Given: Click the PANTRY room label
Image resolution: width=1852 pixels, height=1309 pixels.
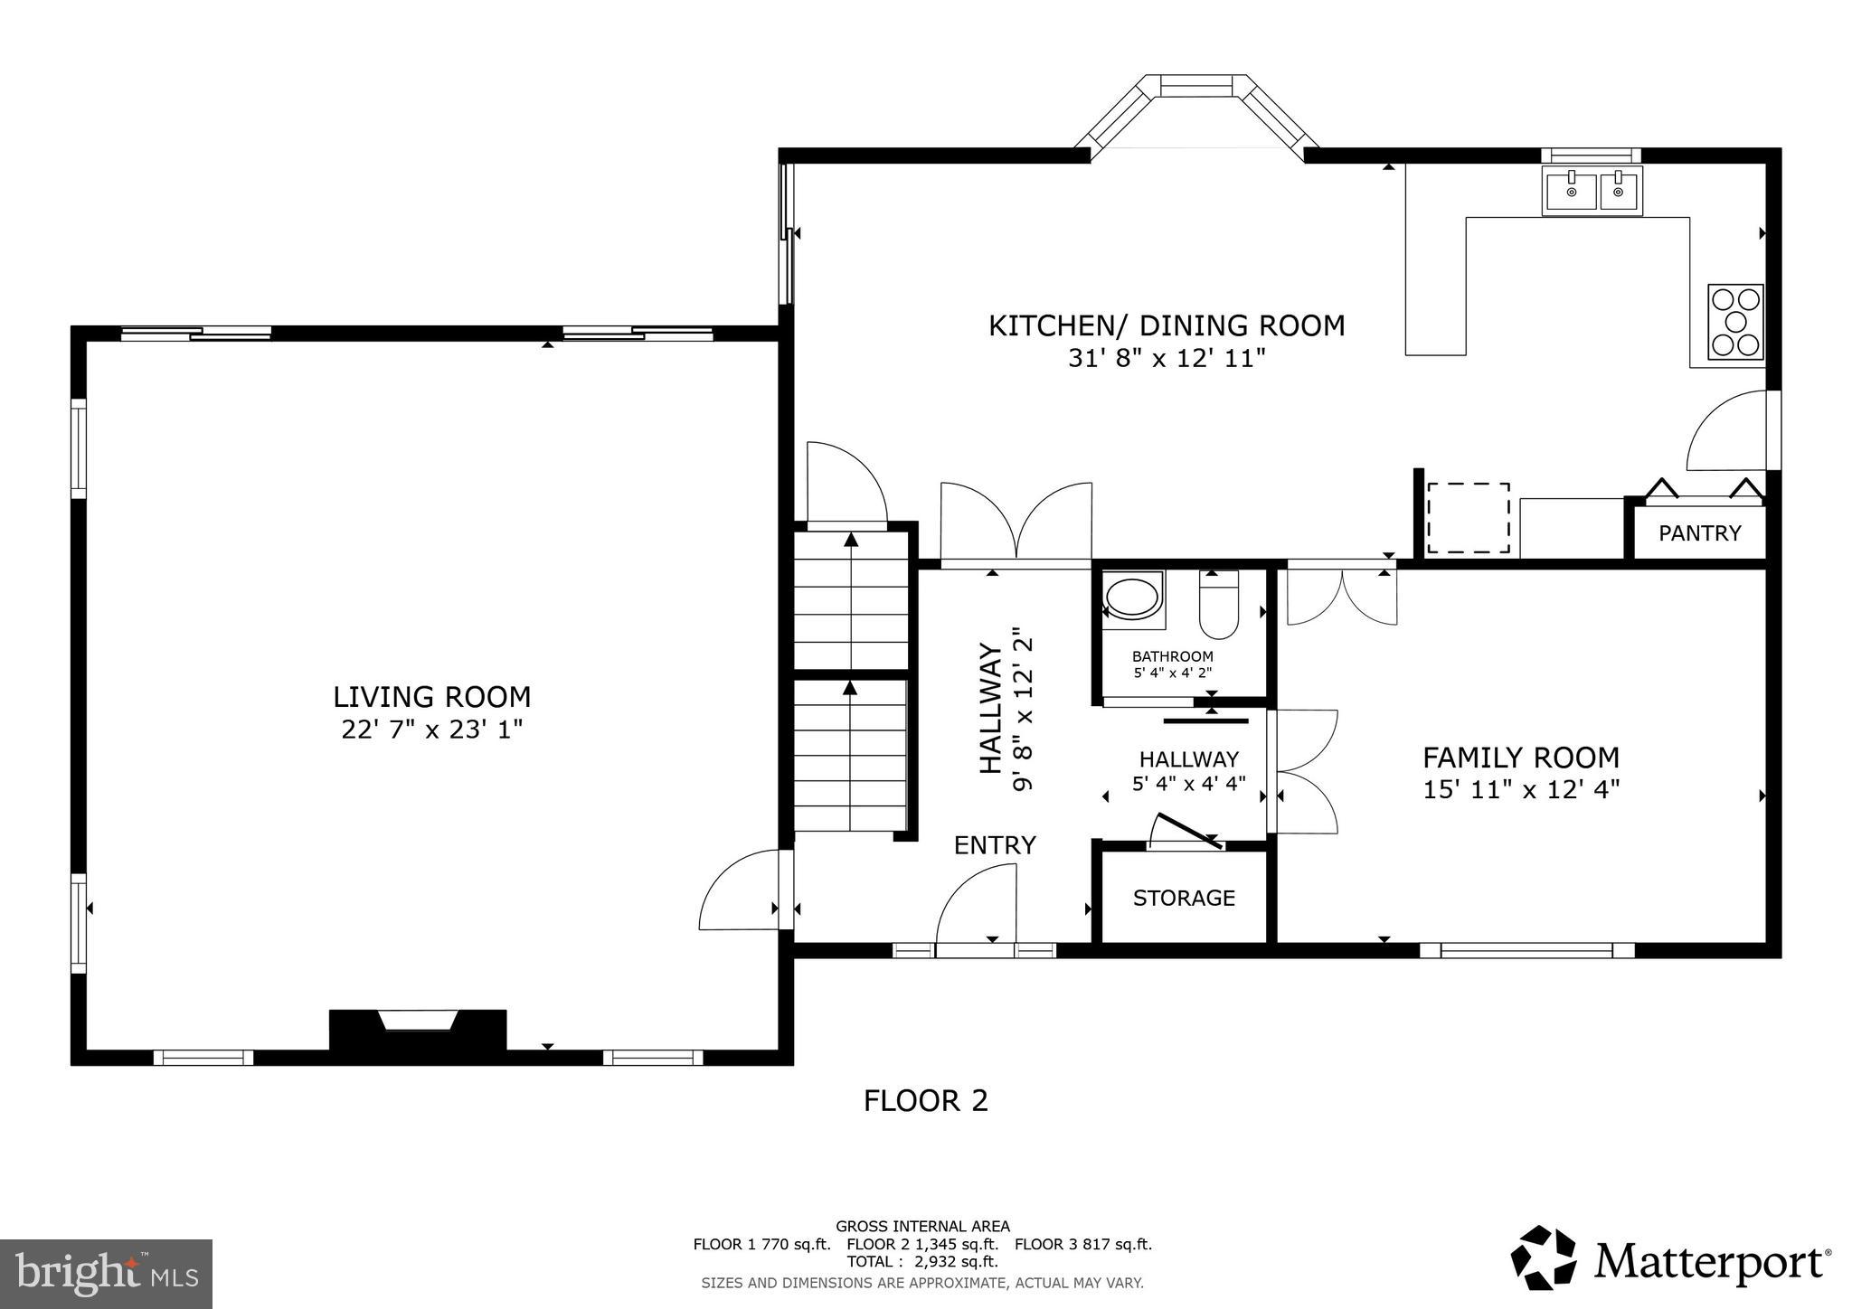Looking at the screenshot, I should point(1699,533).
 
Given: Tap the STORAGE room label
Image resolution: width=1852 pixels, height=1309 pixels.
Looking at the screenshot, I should point(1184,898).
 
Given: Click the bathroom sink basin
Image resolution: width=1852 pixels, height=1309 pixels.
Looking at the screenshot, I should point(1132,599).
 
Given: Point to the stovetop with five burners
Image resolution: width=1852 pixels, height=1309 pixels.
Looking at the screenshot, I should point(1734,322).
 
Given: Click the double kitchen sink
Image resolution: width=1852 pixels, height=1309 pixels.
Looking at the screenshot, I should point(1592,192).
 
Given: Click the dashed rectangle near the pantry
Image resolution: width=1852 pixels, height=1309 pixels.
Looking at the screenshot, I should point(1467,518).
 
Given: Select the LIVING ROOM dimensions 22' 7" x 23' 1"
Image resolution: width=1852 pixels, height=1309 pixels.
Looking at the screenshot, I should point(431,730).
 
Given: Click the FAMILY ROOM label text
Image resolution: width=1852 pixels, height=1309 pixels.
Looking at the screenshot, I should point(1520,758).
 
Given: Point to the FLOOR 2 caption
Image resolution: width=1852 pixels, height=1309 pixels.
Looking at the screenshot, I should point(925,1101).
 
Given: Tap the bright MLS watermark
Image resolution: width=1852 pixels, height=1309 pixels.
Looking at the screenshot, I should point(106,1275).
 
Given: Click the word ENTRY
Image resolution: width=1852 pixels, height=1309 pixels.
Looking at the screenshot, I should point(995,845).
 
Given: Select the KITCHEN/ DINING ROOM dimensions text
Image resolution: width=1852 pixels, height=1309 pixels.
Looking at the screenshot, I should point(1166,359).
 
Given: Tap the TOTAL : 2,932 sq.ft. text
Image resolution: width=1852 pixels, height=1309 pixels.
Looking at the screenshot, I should point(921,1261).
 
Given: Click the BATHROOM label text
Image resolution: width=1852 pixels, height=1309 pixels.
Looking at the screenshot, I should point(1172,656).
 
